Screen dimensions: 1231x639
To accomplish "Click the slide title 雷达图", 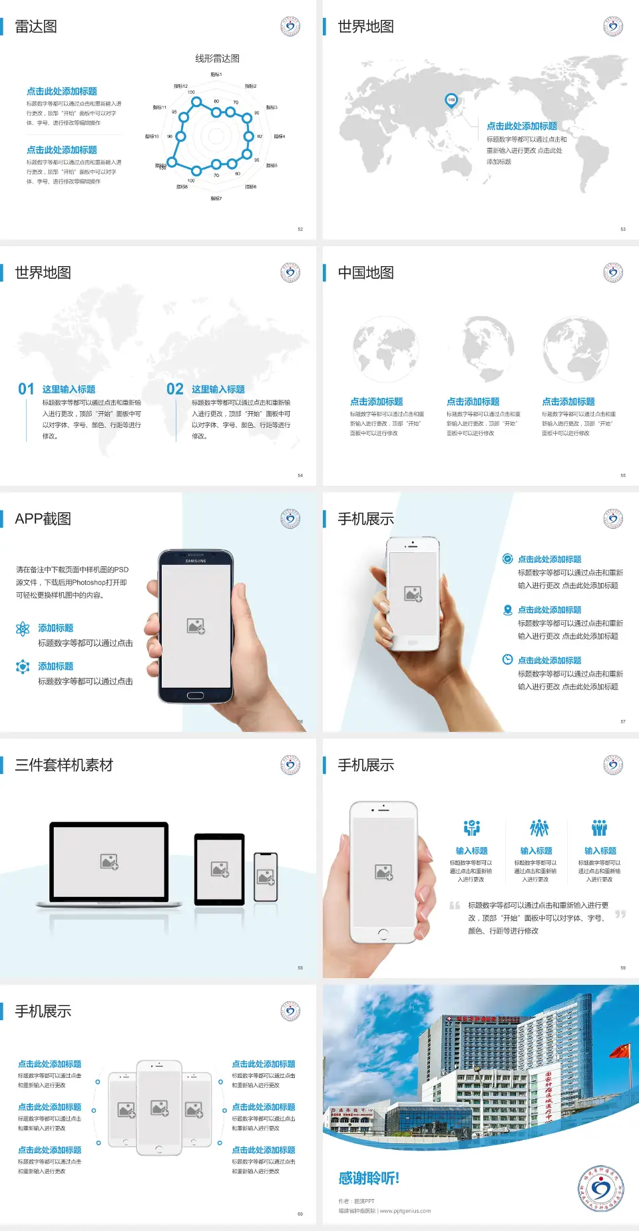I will point(36,27).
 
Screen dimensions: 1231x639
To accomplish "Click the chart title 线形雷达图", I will point(217,59).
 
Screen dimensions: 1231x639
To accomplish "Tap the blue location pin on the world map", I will point(451,100).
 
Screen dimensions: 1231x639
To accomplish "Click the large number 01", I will point(26,389).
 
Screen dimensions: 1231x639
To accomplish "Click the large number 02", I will point(175,389).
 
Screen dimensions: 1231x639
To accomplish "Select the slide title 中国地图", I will point(365,273).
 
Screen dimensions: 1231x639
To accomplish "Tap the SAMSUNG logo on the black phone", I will point(196,561).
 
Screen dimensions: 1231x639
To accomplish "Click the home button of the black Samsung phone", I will point(195,695).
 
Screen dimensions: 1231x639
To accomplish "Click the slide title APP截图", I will point(43,519).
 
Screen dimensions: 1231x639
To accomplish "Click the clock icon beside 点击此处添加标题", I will point(507,659).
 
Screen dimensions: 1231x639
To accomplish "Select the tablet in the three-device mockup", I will point(220,868).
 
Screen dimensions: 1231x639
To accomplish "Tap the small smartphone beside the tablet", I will point(266,877).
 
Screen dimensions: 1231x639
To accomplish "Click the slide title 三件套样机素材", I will point(64,765).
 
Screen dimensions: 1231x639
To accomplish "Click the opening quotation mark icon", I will point(455,906).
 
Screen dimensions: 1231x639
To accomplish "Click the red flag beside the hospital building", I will point(620,1051).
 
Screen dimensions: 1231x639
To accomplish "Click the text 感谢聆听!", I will point(368,1178).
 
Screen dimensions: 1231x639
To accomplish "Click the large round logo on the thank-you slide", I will point(601,1188).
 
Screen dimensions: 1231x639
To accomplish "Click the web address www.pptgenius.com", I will point(405,1211).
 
